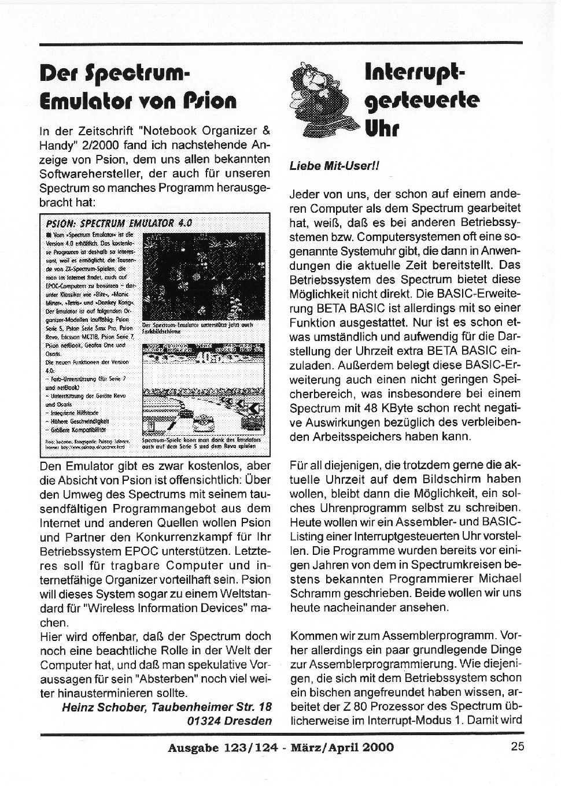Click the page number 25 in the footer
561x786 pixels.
[x=517, y=746]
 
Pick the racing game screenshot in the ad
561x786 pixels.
[x=203, y=390]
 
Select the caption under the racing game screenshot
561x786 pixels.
[x=202, y=443]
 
